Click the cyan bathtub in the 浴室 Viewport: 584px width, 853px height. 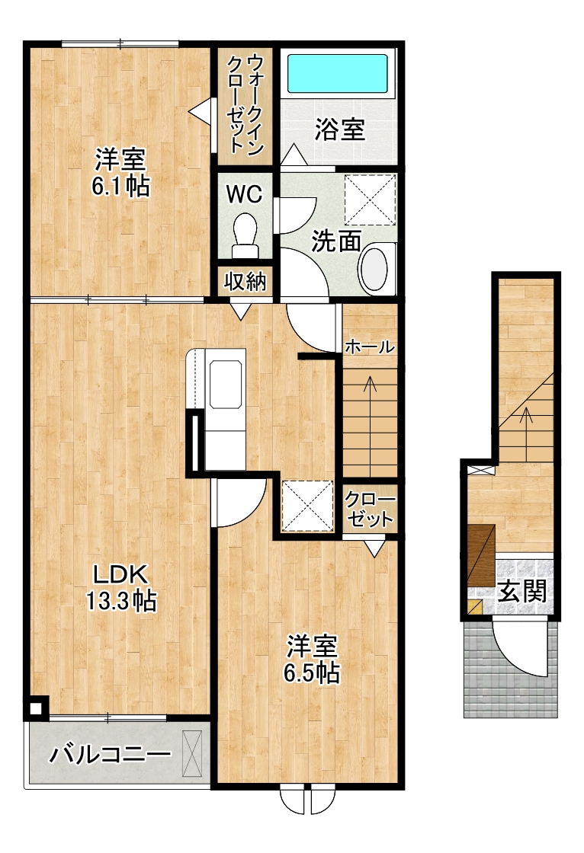[337, 73]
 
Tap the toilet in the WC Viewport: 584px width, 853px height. [245, 235]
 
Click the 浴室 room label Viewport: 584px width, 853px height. [339, 129]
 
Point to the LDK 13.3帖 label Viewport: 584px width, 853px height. [121, 587]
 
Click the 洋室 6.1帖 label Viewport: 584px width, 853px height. [120, 173]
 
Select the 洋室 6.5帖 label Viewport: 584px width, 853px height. [312, 659]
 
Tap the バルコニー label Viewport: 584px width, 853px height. [111, 754]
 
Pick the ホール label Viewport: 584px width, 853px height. [369, 346]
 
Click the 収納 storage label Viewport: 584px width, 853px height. [245, 282]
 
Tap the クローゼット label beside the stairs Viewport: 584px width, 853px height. [370, 510]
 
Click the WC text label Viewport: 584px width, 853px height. [244, 193]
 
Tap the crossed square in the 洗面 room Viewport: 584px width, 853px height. [370, 199]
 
